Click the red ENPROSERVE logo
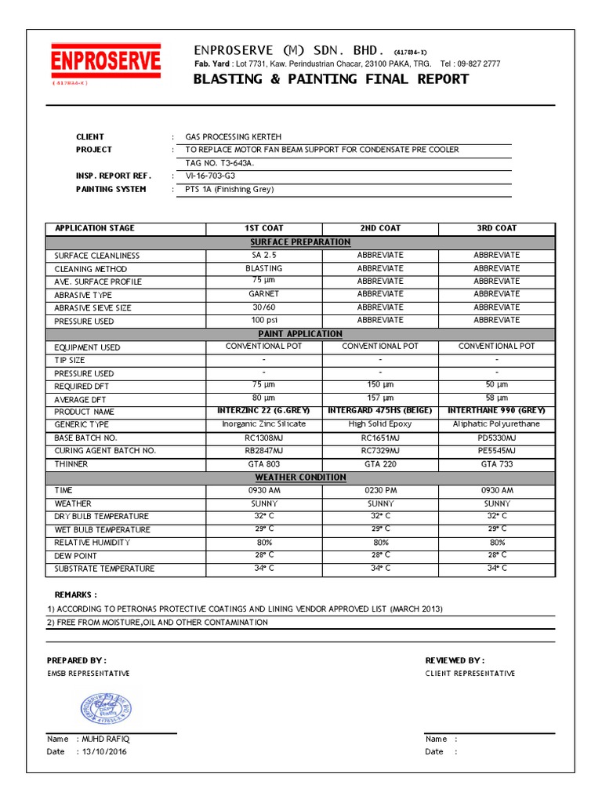click(106, 61)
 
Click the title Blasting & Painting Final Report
click(332, 79)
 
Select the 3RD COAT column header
click(496, 228)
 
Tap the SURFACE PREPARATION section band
click(300, 242)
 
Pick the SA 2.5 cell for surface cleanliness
click(263, 255)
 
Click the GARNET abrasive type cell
click(263, 294)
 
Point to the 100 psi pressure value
click(263, 321)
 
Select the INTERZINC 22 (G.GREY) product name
click(263, 411)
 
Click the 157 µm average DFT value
click(380, 398)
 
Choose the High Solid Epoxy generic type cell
click(380, 424)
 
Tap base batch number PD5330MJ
click(496, 438)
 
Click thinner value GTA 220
click(380, 464)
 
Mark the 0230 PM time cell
click(380, 490)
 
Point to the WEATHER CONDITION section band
click(300, 477)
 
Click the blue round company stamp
click(106, 710)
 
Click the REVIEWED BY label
click(455, 660)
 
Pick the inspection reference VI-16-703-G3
click(209, 176)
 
